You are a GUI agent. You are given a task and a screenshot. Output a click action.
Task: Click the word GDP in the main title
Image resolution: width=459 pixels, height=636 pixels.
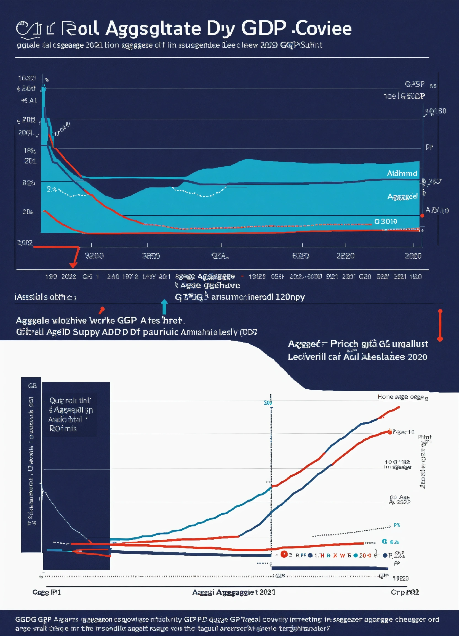click(263, 28)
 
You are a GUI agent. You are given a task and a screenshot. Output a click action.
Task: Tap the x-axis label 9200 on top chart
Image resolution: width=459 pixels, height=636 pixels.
click(94, 256)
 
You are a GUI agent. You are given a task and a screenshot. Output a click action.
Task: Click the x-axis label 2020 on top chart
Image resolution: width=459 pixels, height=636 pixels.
click(413, 256)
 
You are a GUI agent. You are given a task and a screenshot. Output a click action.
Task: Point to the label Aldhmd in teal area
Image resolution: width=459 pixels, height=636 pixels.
click(402, 173)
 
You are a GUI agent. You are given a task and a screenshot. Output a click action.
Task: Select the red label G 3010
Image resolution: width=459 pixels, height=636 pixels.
click(386, 222)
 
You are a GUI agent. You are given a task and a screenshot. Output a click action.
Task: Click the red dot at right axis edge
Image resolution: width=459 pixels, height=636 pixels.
click(422, 216)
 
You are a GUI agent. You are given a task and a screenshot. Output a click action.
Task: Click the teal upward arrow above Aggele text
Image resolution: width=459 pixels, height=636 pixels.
click(164, 307)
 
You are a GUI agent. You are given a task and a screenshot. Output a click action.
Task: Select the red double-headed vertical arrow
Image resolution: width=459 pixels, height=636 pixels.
click(440, 325)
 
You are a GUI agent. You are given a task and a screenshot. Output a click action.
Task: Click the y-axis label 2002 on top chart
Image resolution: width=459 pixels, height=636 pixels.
click(25, 243)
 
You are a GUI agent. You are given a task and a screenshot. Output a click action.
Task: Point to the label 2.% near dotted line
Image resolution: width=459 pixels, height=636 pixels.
click(52, 189)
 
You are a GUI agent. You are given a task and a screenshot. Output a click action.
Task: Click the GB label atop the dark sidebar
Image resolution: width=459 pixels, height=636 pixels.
click(32, 386)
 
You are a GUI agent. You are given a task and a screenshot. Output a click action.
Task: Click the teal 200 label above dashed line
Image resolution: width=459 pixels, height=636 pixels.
click(268, 403)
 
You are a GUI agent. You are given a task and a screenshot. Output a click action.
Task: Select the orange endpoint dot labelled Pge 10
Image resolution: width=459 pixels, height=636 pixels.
click(390, 432)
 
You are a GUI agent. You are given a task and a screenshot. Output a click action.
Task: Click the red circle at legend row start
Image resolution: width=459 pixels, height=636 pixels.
click(284, 554)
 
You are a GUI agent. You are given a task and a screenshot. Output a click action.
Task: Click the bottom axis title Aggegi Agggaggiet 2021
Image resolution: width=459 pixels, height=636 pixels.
click(233, 592)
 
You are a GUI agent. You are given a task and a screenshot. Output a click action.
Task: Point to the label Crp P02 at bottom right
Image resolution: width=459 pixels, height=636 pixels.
click(405, 592)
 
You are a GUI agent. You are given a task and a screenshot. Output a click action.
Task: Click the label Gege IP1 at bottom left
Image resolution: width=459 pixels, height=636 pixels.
click(47, 592)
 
